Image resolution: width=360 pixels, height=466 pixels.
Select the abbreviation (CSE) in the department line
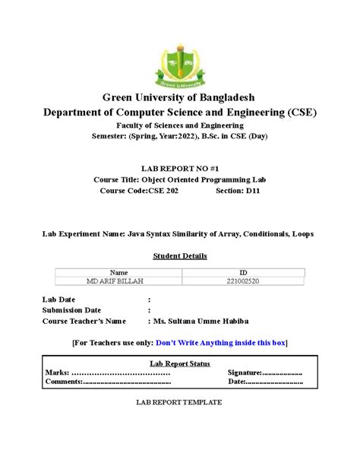click(302, 112)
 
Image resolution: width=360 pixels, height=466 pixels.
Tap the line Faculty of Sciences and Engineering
click(180, 125)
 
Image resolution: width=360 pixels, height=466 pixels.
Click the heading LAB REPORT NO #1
click(180, 167)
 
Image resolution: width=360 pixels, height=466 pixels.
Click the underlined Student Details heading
click(180, 256)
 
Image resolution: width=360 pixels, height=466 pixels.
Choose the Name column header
click(119, 272)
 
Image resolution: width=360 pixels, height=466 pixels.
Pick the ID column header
click(243, 272)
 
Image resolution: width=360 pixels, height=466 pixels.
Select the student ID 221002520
click(243, 281)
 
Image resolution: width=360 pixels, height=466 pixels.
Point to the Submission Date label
click(71, 310)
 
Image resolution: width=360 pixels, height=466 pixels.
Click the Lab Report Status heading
click(180, 364)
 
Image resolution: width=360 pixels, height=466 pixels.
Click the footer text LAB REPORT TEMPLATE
click(179, 401)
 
